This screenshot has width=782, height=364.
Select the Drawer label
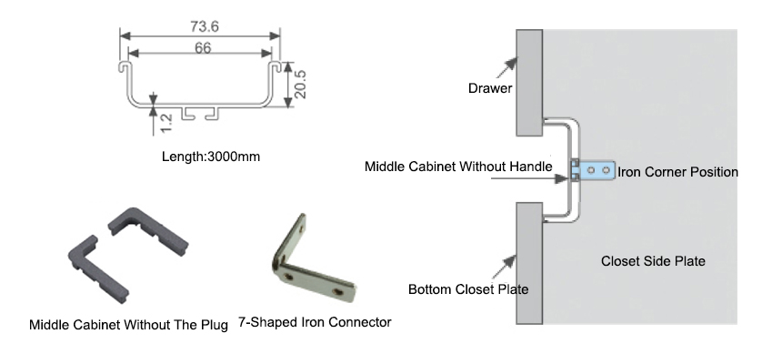490,88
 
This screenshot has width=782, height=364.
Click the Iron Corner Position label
677,171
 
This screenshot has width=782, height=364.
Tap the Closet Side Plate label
653,261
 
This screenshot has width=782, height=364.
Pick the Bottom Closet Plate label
468,289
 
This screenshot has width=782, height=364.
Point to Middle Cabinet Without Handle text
458,167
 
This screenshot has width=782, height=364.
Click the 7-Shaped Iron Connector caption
315,323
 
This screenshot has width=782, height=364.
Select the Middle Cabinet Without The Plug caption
130,324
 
